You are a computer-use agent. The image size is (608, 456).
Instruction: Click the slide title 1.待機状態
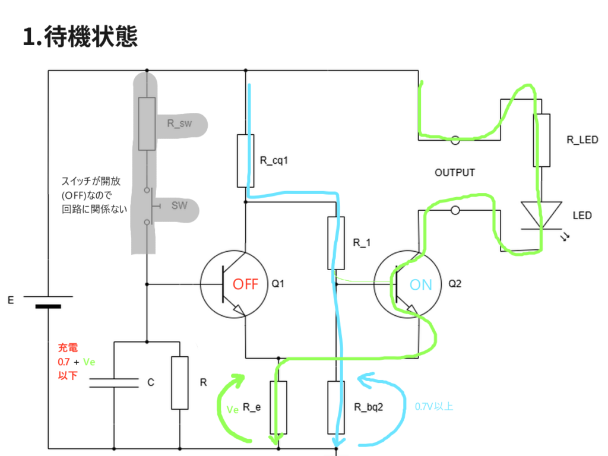click(80, 37)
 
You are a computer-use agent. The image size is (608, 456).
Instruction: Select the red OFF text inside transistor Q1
click(245, 284)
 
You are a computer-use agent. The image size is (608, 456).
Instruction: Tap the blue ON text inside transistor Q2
click(421, 285)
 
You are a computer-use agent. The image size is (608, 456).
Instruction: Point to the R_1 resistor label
click(362, 242)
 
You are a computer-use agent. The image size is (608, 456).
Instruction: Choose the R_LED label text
click(582, 140)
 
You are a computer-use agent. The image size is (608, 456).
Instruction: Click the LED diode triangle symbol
click(540, 215)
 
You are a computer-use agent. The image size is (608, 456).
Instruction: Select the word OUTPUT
click(455, 173)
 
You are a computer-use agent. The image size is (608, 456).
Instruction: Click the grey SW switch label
click(179, 206)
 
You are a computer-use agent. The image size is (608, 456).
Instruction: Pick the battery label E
click(10, 301)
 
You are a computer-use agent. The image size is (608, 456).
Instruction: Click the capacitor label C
click(151, 383)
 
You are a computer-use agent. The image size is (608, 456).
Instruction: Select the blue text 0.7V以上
click(434, 407)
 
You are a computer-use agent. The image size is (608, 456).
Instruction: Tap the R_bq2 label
click(369, 407)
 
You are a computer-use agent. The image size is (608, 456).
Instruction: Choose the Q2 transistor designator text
click(455, 284)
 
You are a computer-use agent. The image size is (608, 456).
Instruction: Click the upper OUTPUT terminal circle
click(455, 141)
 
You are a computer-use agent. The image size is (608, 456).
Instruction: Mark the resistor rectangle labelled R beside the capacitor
click(179, 383)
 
